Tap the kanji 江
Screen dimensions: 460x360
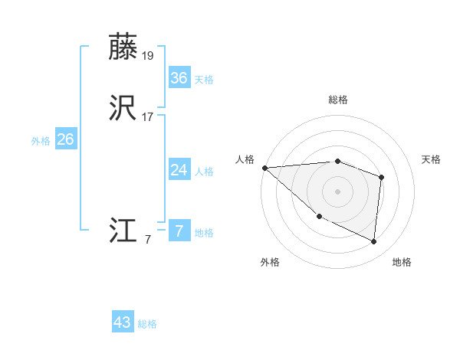pyautogui.click(x=123, y=231)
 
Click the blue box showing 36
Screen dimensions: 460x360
pyautogui.click(x=179, y=78)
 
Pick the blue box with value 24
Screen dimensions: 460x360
pyautogui.click(x=179, y=169)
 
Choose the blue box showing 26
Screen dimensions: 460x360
pyautogui.click(x=65, y=139)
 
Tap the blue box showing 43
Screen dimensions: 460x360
pyautogui.click(x=123, y=322)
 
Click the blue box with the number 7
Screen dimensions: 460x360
pyautogui.click(x=179, y=231)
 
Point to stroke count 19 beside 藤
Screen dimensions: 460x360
pyautogui.click(x=149, y=56)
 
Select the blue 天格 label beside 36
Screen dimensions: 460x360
pyautogui.click(x=204, y=80)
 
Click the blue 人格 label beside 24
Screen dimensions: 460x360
pyautogui.click(x=204, y=171)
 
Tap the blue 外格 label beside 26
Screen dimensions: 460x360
pyautogui.click(x=40, y=141)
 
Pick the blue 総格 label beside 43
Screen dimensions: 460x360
pyautogui.click(x=147, y=324)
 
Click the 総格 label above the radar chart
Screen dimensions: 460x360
pyautogui.click(x=337, y=100)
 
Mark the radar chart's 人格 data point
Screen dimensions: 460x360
pyautogui.click(x=264, y=168)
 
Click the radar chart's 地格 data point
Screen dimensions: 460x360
pyautogui.click(x=374, y=241)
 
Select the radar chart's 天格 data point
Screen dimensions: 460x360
pyautogui.click(x=381, y=177)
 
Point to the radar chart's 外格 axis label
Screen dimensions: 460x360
pyautogui.click(x=270, y=262)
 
